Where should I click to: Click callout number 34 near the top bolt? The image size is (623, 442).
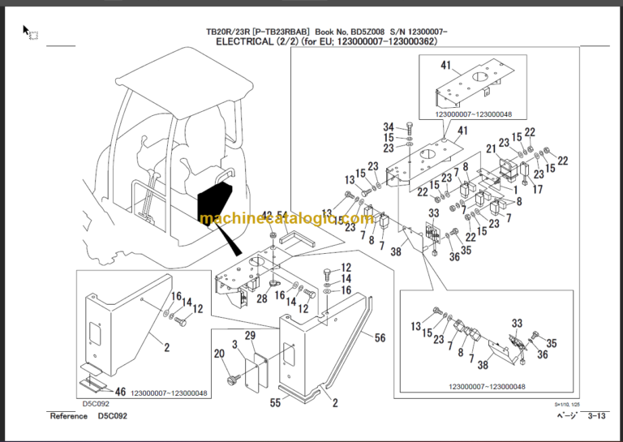(x=389, y=127)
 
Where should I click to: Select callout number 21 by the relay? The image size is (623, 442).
(x=492, y=148)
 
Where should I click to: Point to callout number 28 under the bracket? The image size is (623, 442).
(x=262, y=299)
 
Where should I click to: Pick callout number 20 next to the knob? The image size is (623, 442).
(x=218, y=353)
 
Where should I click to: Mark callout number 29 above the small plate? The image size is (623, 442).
(x=250, y=336)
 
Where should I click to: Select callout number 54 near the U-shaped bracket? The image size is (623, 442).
(x=283, y=215)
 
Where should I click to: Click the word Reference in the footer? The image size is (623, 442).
(x=69, y=416)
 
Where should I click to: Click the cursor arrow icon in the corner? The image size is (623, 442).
(x=26, y=31)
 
